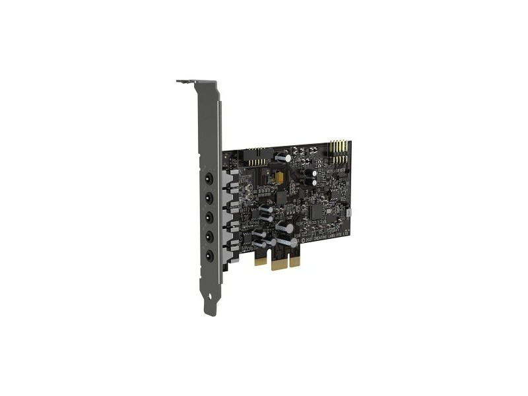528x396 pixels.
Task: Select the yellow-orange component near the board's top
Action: (x=282, y=177)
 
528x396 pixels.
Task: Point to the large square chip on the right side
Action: (x=318, y=211)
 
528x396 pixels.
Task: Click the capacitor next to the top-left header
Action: (x=282, y=158)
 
